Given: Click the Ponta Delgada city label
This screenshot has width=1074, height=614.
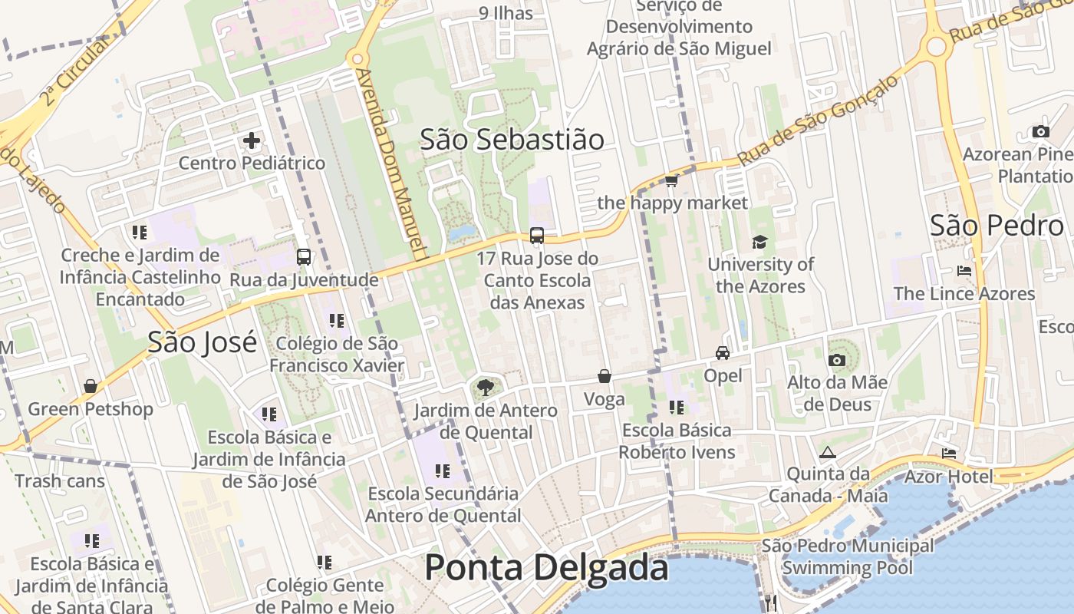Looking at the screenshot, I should click(x=546, y=568).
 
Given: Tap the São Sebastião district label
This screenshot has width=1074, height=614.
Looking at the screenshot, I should click(x=512, y=139).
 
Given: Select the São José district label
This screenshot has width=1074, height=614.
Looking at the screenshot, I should click(x=203, y=342).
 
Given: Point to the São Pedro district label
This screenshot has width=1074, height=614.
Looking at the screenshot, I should click(x=997, y=226).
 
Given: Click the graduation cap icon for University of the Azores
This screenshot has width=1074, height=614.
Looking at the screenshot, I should click(x=759, y=243).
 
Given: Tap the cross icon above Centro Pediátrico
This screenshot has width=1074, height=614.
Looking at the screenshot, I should click(x=252, y=141).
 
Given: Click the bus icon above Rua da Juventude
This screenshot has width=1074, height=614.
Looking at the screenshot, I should click(x=304, y=257).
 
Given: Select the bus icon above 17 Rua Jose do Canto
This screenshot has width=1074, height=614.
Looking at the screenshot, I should click(x=537, y=236).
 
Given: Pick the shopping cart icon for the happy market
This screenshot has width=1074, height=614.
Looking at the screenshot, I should click(x=672, y=181).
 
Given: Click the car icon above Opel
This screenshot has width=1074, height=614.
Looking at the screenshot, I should click(x=723, y=353).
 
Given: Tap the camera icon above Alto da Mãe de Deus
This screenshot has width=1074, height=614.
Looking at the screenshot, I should click(x=837, y=360).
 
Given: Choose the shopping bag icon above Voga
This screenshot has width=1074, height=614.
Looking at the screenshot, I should click(x=605, y=377).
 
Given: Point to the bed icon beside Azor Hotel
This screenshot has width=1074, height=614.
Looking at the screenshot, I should click(x=949, y=454).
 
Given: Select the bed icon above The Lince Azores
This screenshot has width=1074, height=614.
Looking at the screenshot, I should click(x=964, y=271).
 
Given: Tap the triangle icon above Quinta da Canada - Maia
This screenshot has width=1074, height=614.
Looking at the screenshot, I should click(x=827, y=452).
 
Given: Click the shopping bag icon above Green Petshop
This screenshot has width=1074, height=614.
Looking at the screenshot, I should click(x=91, y=386).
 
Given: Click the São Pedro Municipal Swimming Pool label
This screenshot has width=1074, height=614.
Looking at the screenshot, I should click(x=848, y=557).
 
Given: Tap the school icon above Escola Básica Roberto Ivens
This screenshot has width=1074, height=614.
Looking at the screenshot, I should click(x=676, y=408).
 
